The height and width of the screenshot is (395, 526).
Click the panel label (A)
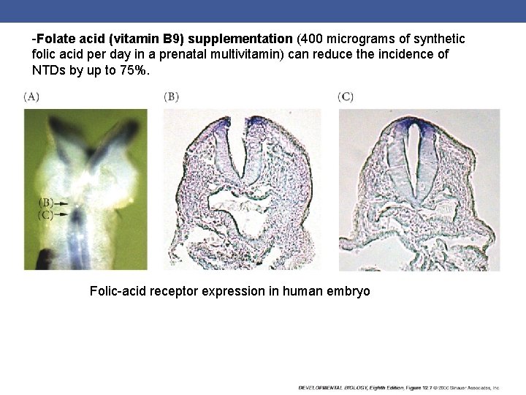click(x=31, y=96)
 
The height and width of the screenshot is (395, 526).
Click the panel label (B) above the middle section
click(x=172, y=96)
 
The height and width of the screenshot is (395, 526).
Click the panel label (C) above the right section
click(x=346, y=96)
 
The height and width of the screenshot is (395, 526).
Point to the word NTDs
click(x=48, y=72)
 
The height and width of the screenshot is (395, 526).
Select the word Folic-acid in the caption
click(x=117, y=291)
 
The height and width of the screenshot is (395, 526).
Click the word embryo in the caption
click(x=349, y=291)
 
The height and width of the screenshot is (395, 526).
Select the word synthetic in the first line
click(x=440, y=37)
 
